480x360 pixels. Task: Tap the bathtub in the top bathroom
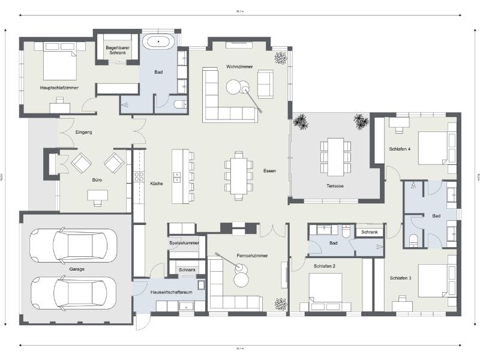point(158,42)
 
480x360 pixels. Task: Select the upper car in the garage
point(74,245)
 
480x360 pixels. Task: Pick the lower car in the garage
point(74,293)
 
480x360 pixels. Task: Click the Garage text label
point(76,269)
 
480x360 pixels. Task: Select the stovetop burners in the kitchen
point(139,176)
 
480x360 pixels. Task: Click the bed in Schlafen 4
point(433,148)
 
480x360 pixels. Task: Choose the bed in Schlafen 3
point(433,280)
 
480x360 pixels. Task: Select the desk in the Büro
point(97,196)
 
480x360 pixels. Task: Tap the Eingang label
point(83,132)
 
